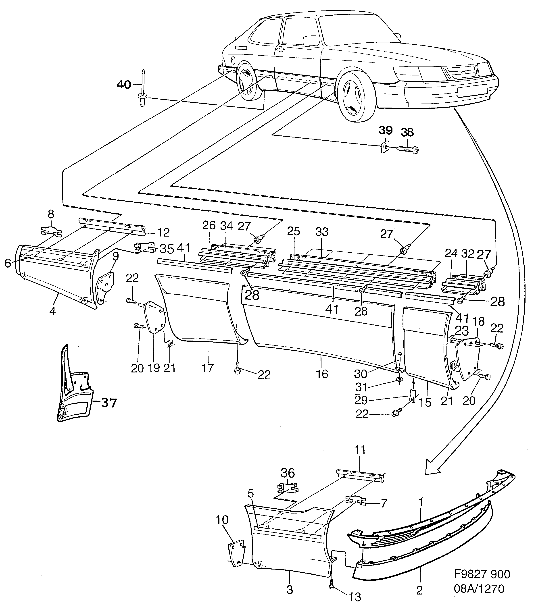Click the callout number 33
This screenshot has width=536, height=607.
(321, 232)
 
